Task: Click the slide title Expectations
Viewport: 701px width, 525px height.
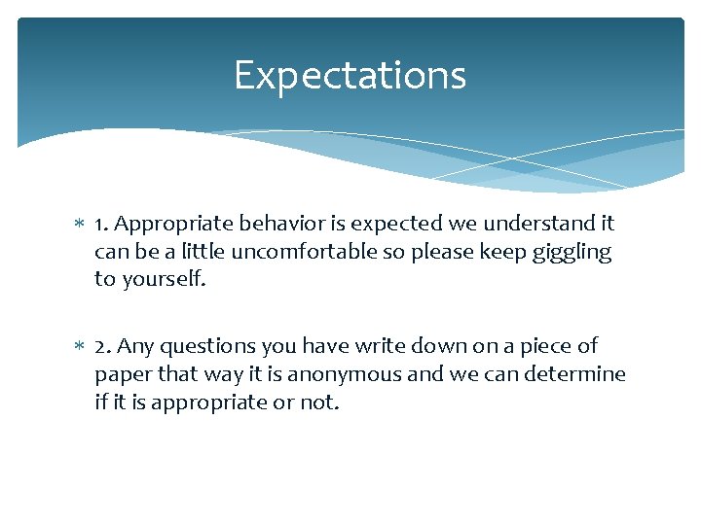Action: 350,76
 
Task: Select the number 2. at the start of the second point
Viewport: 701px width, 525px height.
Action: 104,346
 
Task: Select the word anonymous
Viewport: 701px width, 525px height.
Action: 349,374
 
